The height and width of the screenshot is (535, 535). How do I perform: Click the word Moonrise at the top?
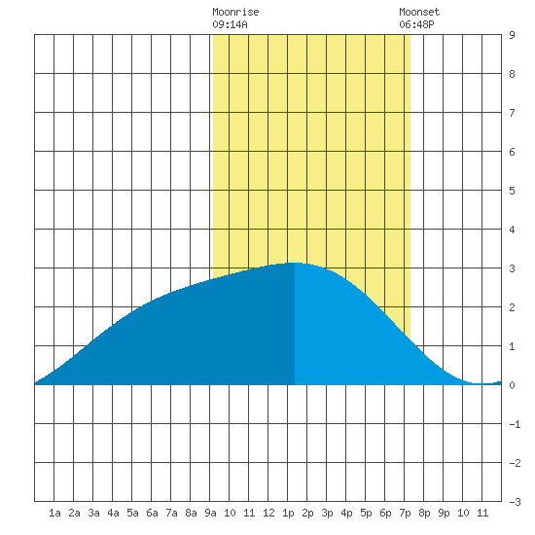[235, 12]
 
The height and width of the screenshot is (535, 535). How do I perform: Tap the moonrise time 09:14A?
[230, 24]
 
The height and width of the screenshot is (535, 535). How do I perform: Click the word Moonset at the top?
[419, 12]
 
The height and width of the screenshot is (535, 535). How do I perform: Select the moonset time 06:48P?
[416, 24]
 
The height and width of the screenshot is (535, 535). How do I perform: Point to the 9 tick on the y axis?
[512, 35]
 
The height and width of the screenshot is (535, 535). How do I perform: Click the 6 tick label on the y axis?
[512, 152]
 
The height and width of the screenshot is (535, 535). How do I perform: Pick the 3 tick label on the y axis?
[512, 268]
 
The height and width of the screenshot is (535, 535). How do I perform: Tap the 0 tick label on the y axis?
[512, 385]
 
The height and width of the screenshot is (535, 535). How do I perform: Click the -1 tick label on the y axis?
[515, 424]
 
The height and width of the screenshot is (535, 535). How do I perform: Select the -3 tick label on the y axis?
[515, 502]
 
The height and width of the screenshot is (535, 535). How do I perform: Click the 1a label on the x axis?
[54, 513]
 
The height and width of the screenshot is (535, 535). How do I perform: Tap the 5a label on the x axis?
[132, 513]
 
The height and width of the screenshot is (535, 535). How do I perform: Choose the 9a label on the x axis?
[210, 513]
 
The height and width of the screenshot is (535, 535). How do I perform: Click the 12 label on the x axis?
[268, 513]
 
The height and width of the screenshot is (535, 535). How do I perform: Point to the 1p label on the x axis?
[288, 513]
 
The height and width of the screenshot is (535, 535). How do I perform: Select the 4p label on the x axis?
[346, 513]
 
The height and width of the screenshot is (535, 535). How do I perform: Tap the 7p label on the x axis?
[405, 513]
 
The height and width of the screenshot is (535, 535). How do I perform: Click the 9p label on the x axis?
[444, 513]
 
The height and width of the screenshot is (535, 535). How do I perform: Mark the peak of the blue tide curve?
[295, 263]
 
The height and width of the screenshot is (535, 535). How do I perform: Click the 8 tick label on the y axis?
[512, 74]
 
